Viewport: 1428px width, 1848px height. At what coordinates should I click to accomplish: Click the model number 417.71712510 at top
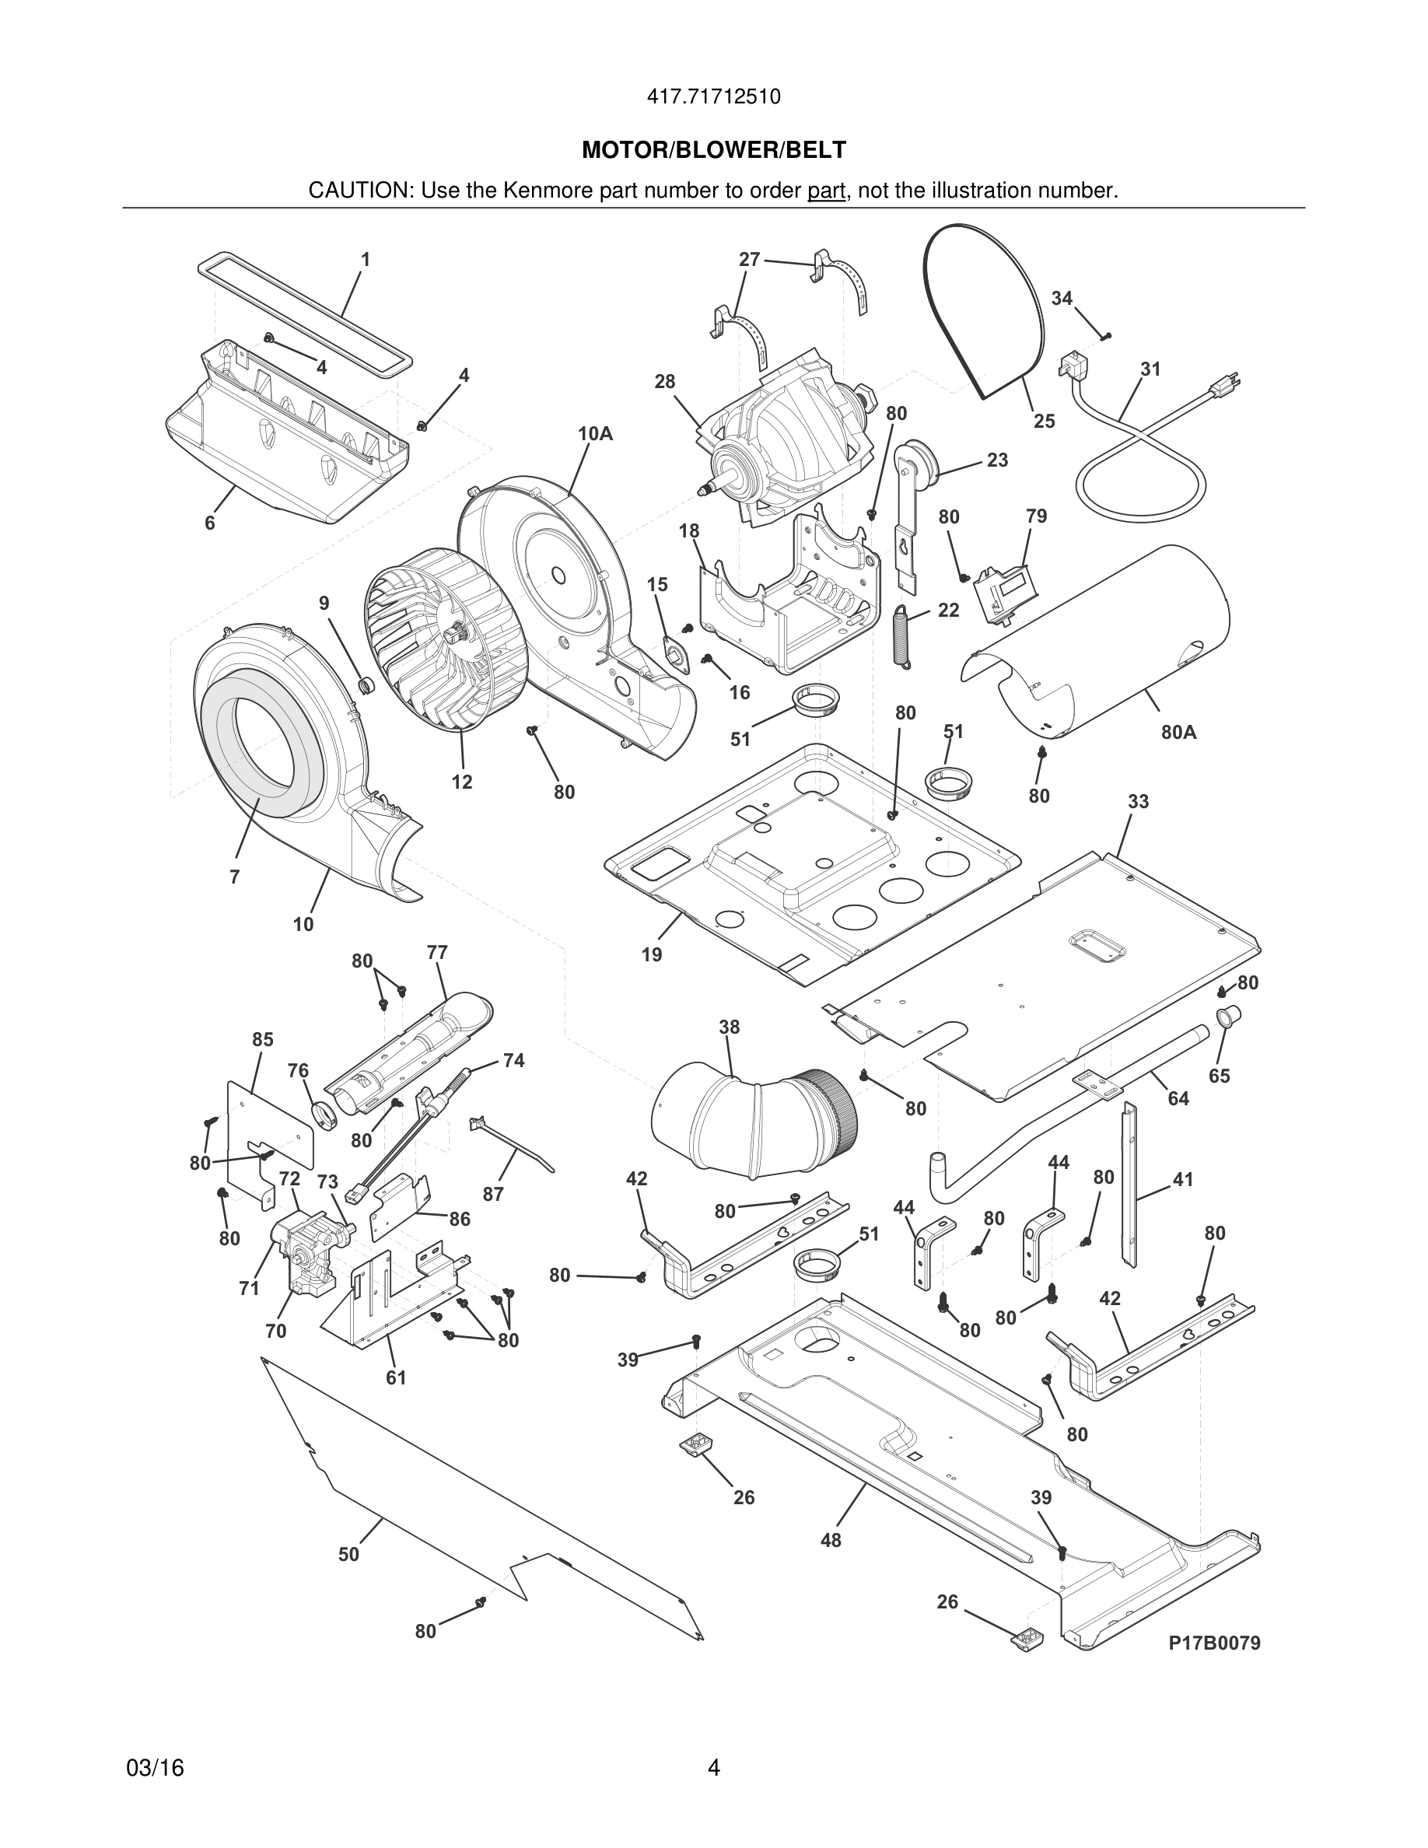coord(713,96)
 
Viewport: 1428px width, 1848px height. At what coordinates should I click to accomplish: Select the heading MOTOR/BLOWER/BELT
coord(713,151)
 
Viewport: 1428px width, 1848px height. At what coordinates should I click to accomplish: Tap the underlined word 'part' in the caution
coord(826,191)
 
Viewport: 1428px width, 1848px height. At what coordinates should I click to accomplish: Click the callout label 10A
coord(595,434)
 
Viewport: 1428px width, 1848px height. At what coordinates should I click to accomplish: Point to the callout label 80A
coord(1178,733)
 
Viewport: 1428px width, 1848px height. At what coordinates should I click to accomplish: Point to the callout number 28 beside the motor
coord(665,382)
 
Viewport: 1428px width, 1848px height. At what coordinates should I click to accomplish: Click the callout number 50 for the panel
coord(348,1554)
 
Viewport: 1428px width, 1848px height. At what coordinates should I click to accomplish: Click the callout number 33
coord(1138,800)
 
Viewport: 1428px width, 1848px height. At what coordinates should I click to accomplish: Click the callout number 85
coord(262,1039)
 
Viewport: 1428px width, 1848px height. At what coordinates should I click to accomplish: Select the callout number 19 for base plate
coord(652,955)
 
